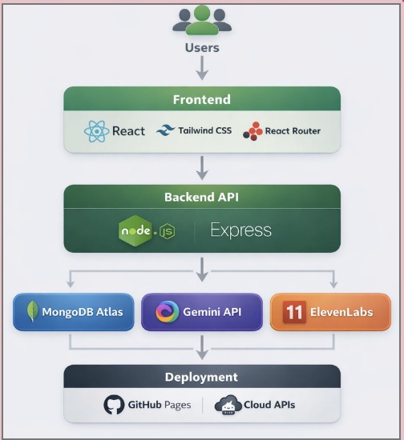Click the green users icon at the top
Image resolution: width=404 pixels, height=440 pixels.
point(202,20)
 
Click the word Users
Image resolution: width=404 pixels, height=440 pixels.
point(202,47)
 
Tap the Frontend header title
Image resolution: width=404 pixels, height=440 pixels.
point(202,100)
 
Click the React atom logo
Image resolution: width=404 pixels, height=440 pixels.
point(95,130)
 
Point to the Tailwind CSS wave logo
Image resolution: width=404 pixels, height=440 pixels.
point(166,130)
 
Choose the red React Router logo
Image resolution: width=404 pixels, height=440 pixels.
point(252,130)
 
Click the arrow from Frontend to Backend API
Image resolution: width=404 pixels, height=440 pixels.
point(202,167)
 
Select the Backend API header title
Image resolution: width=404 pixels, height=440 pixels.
point(202,198)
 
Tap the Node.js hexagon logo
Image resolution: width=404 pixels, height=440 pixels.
point(134,230)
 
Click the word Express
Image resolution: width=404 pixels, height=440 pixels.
point(240,230)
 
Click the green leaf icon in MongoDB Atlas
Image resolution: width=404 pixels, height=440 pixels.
point(33,312)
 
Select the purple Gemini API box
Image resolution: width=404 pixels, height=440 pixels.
point(202,312)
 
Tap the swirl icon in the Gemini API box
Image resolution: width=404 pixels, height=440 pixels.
point(167,312)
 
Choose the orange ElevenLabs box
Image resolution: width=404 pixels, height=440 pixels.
point(330,312)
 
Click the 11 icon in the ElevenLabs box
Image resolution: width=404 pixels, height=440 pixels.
point(294,312)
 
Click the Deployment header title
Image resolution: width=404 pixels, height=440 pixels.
point(202,377)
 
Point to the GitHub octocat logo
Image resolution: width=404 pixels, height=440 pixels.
point(115,405)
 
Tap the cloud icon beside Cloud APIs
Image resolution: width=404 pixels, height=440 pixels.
point(228,405)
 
